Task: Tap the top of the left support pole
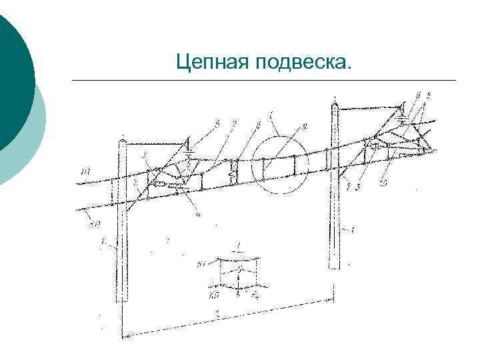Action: tap(123, 140)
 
